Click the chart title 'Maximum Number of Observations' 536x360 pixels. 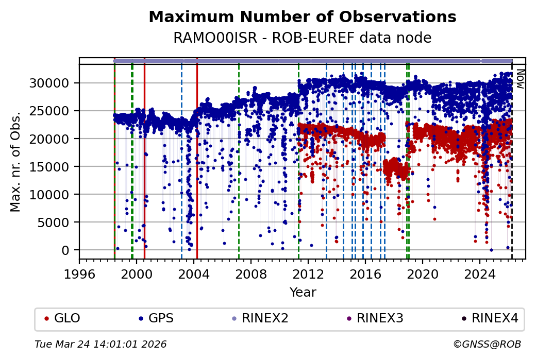tap(302, 17)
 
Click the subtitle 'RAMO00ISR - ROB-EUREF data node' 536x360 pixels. tap(302, 38)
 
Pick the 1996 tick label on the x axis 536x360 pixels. tap(79, 273)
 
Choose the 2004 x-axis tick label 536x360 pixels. tap(194, 273)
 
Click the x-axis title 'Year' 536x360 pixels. tap(303, 293)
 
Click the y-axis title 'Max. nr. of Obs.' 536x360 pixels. tap(15, 161)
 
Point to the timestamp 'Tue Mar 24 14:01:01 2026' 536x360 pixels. tap(100, 344)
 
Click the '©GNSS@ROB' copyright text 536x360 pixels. tap(487, 344)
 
